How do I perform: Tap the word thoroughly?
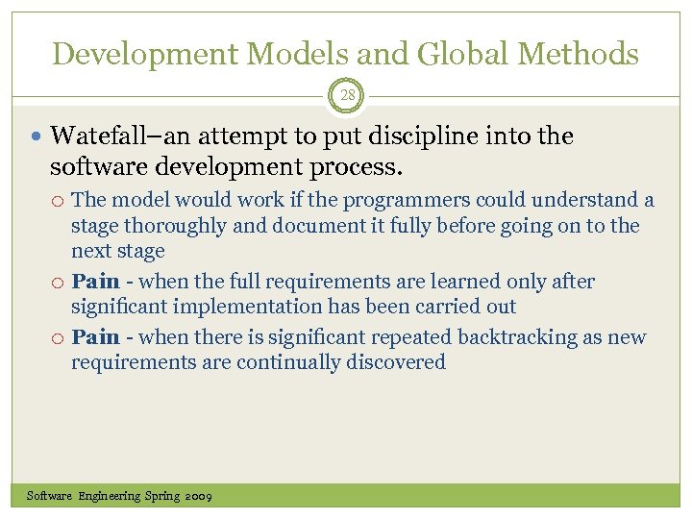[192, 226]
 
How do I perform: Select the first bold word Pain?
[95, 282]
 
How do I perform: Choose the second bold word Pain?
[95, 337]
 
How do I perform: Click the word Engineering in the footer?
[109, 496]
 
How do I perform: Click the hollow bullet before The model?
[59, 201]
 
